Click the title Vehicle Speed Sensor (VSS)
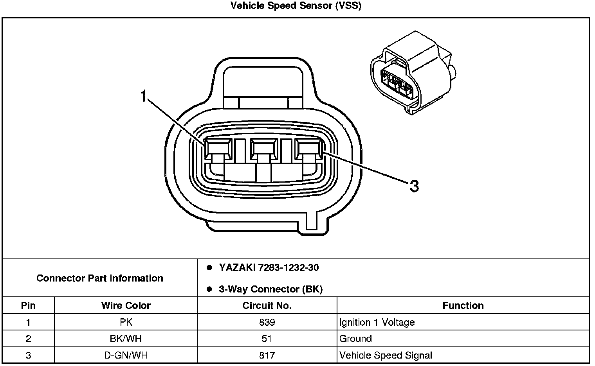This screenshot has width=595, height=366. coord(296,6)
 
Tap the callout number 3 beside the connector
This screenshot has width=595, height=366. coord(414,186)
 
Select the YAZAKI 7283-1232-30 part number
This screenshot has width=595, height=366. coord(269,268)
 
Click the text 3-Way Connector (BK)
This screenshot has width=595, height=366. coord(270,289)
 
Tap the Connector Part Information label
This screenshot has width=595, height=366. coord(100,278)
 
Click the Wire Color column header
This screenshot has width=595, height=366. coord(126,305)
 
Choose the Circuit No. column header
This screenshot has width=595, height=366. coord(267,305)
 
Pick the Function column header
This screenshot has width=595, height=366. coord(463,305)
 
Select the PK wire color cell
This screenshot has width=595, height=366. coord(126,323)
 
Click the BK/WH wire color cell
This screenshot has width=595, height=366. coord(126,339)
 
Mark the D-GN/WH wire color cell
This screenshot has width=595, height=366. coord(126,355)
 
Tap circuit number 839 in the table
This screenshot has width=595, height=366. coord(267,323)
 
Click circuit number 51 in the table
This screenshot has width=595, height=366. coord(267,339)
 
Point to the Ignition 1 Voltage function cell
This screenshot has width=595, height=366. coord(377,323)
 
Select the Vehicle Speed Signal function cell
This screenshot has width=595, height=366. coord(386,355)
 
